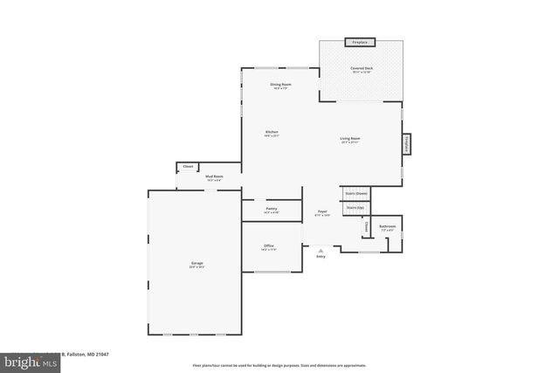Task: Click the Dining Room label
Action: point(281,86)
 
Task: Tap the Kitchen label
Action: point(272,134)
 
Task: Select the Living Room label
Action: point(350,140)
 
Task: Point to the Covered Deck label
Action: point(361,70)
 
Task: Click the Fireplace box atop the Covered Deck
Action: point(358,42)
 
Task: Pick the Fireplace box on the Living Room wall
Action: point(406,145)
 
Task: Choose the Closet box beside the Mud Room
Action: point(188,166)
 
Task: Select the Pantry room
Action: point(271,211)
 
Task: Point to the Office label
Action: point(269,247)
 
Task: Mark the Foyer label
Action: point(321,212)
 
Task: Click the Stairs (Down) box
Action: point(355,193)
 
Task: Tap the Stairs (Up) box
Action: point(355,208)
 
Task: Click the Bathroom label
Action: point(387,228)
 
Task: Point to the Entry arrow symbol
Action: point(321,251)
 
